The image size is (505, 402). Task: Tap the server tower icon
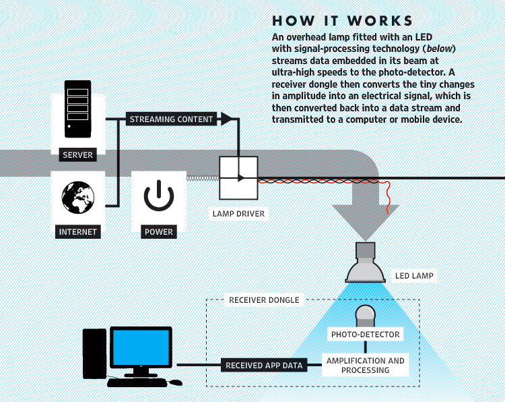[x=77, y=108]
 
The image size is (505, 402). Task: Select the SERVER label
[x=77, y=155]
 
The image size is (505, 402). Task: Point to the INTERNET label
[x=78, y=232]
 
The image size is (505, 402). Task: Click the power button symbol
[x=159, y=196]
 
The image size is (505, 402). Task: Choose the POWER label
[x=159, y=232]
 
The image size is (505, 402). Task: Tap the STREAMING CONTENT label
[x=171, y=119]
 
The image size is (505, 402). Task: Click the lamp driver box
[x=239, y=178]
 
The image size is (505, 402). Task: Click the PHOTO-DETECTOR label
[x=365, y=335]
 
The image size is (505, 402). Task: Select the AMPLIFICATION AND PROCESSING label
[x=366, y=366]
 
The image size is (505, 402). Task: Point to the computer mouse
[x=175, y=382]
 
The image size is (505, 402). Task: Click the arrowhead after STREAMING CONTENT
[x=226, y=119]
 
